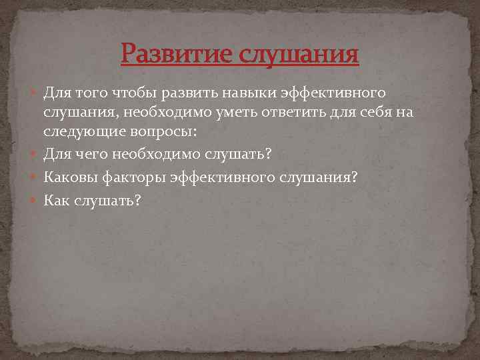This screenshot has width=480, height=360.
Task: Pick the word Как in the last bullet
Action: pos(57,200)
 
